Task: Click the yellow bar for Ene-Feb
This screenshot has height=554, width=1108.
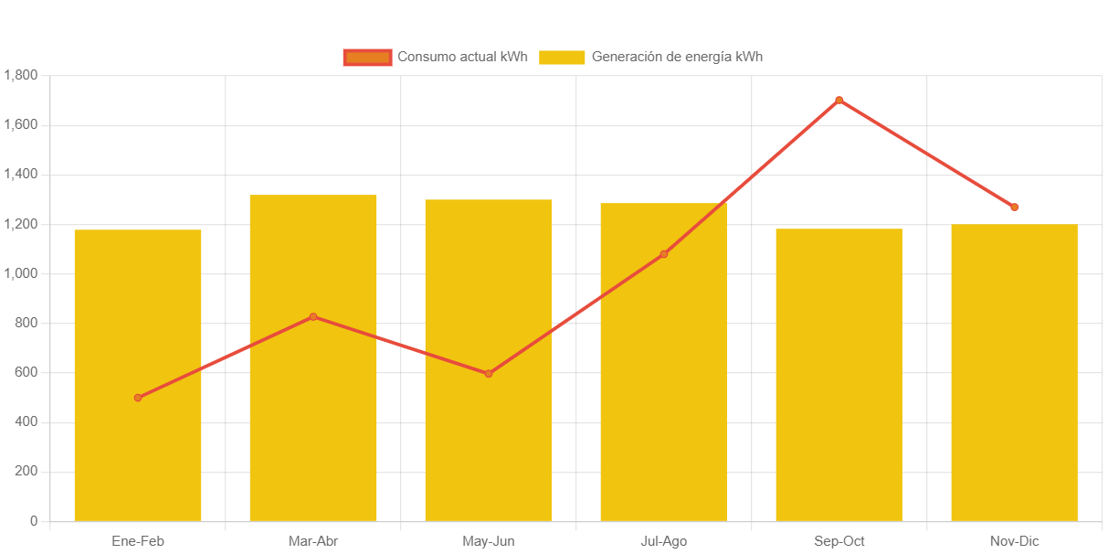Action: (138, 375)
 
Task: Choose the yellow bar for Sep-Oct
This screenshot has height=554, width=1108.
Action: (839, 375)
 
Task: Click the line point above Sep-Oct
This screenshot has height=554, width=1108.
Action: (839, 101)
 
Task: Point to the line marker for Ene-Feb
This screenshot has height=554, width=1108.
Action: (138, 398)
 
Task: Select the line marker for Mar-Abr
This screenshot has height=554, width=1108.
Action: (313, 317)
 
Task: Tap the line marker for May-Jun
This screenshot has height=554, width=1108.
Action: (489, 374)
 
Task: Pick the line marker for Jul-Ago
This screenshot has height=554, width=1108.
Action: (663, 254)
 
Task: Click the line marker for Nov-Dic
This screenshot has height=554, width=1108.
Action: (1014, 208)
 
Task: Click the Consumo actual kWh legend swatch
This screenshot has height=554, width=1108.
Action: (367, 57)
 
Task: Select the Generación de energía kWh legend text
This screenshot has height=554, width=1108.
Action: (677, 57)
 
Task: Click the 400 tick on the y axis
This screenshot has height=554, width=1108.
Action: (26, 421)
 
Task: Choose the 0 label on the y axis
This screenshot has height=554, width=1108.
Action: (34, 521)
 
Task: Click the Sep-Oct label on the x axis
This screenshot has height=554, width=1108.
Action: (839, 541)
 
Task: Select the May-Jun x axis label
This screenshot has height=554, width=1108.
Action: (489, 541)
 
